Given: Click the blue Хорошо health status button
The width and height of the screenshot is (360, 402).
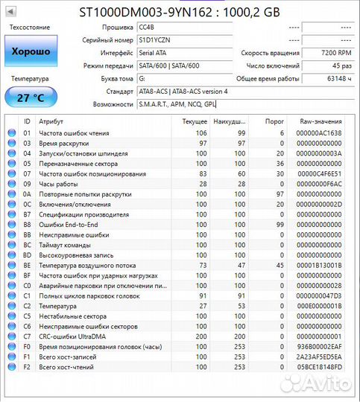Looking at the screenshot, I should tap(30, 52).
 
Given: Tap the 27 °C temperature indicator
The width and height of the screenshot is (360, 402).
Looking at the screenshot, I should tap(30, 98).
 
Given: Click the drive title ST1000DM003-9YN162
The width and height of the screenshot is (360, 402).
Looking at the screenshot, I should tap(145, 11).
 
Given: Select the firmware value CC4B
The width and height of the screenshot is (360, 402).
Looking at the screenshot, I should tap(147, 28).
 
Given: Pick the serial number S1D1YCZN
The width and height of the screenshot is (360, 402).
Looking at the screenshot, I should tap(155, 40).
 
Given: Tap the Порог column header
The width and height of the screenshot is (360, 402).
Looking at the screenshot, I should tap(275, 121).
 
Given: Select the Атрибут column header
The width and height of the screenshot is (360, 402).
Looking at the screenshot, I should tap(51, 121).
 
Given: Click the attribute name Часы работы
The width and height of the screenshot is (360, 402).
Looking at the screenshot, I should tap(59, 184).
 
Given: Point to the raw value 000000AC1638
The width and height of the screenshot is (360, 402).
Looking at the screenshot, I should tap(319, 133).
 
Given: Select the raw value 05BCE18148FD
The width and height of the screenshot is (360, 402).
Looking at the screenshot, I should tap(319, 367).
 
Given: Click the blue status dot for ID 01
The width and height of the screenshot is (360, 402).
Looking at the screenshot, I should tap(10, 133).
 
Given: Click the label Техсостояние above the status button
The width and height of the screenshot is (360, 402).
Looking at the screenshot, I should tap(30, 28).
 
